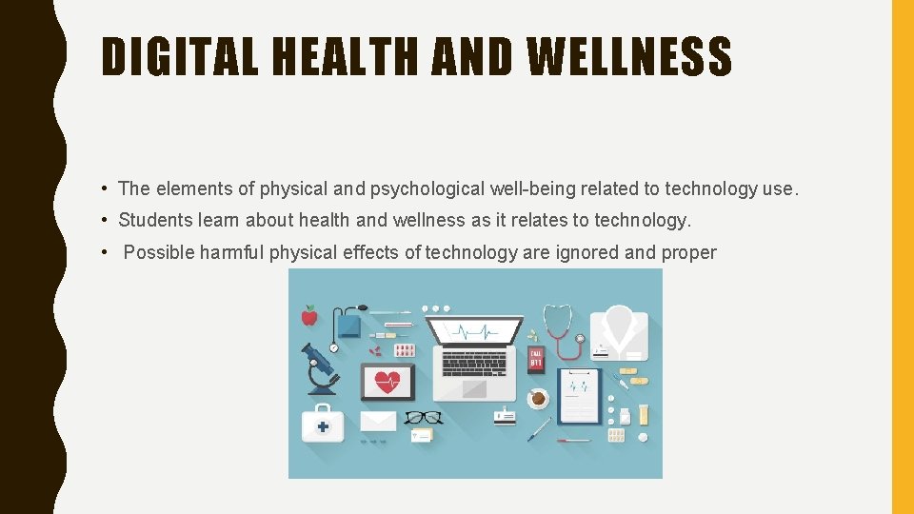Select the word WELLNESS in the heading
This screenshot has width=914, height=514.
629,57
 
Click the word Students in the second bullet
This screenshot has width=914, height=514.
155,220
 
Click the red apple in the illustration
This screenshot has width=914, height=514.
308,315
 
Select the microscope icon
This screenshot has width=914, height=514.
321,368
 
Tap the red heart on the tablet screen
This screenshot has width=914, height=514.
387,382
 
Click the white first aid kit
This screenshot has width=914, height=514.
323,423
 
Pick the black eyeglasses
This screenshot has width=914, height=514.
423,417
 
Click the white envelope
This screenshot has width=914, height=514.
378,421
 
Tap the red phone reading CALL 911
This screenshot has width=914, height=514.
536,360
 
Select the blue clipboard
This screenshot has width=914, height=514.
578,395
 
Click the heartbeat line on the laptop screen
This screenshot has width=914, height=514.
474,331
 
